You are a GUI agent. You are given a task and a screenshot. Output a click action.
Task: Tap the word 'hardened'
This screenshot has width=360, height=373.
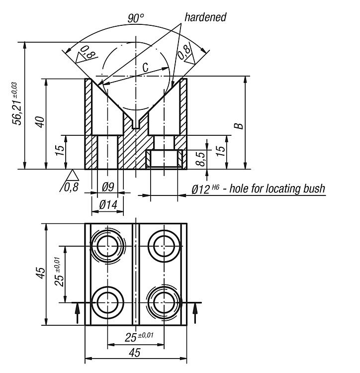coord(205,17)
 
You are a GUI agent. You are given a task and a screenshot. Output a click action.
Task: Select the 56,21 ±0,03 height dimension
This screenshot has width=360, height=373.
coord(18,103)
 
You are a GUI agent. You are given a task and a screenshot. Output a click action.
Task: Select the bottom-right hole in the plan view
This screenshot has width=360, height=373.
coord(164,301)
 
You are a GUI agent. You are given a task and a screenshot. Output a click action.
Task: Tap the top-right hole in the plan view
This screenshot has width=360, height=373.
coord(164,245)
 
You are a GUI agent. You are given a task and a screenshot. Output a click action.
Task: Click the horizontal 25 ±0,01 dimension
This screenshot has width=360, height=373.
coord(138,337)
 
